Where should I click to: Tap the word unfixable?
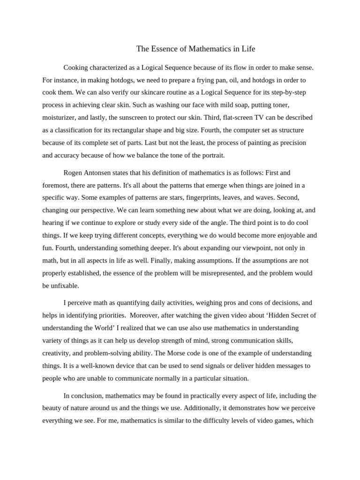point(66,285)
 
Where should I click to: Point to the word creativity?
point(58,353)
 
